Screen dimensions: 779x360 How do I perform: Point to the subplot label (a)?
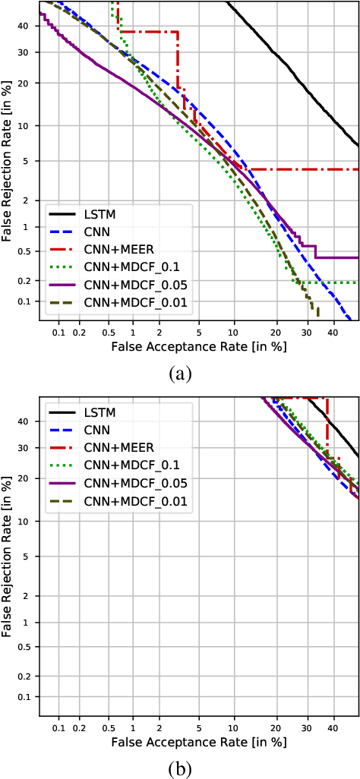pyautogui.click(x=180, y=373)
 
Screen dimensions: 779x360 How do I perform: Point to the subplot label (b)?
pyautogui.click(x=180, y=768)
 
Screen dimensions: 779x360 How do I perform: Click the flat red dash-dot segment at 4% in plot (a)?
pyautogui.click(x=304, y=169)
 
